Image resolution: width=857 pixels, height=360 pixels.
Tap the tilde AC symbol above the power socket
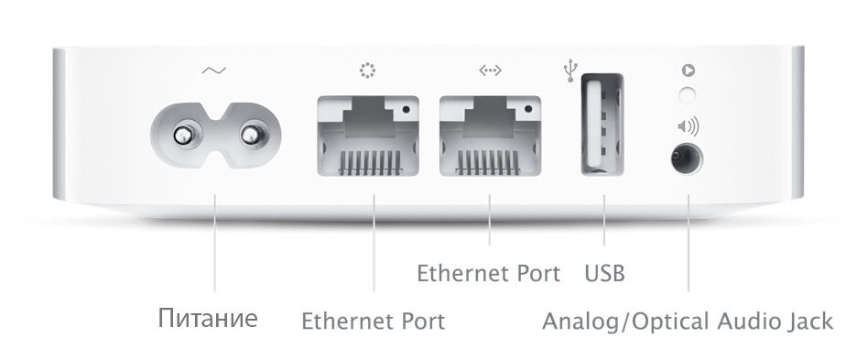click(213, 71)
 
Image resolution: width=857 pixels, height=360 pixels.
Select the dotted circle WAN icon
click(368, 71)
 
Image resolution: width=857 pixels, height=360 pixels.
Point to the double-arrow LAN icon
click(490, 71)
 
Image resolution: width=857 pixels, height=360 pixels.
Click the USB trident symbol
click(570, 71)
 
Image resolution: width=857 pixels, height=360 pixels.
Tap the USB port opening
click(602, 125)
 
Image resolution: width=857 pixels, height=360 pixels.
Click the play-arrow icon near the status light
click(689, 71)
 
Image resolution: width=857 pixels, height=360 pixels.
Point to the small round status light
click(687, 94)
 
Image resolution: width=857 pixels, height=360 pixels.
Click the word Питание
click(208, 318)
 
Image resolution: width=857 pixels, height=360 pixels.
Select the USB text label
click(604, 273)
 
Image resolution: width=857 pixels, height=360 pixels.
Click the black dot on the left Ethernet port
click(406, 109)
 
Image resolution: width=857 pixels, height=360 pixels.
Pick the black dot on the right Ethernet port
click(528, 109)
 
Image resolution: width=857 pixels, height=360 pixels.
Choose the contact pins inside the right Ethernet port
click(487, 162)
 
